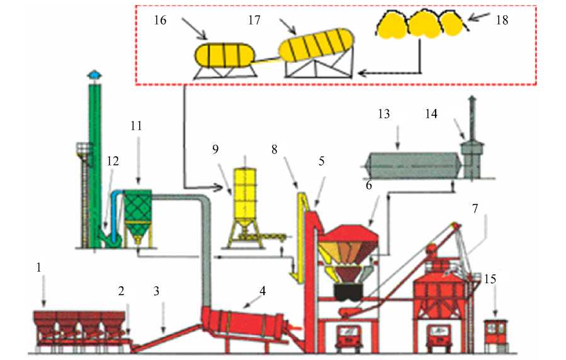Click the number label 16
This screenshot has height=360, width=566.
160,20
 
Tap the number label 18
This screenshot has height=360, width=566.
501,20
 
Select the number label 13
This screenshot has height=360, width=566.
384,114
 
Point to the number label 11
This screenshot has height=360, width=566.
136,126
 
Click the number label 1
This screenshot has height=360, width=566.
39,267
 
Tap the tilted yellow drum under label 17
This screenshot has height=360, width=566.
315,47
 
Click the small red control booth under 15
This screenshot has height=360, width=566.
496,334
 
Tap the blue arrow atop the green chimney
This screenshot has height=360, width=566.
94,75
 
